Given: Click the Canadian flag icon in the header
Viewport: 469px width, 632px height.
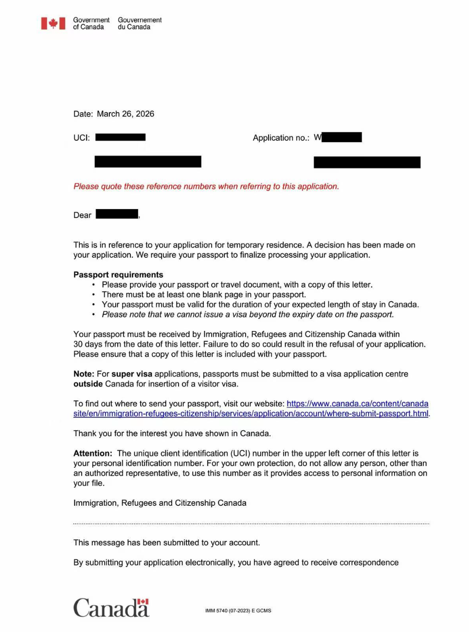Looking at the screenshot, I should (x=53, y=23).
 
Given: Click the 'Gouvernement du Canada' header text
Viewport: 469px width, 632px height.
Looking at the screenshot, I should (x=140, y=23).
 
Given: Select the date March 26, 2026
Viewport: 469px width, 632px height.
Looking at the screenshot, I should (x=125, y=114).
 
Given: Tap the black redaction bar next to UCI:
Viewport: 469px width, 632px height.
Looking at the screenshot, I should (x=120, y=137).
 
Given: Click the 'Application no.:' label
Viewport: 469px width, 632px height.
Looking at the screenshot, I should (x=281, y=138).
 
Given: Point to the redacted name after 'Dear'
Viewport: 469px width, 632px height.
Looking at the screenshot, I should (x=117, y=214).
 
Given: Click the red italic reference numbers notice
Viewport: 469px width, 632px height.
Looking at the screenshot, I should (x=206, y=186).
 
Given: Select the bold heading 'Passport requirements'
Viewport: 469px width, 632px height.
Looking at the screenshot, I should (x=118, y=275).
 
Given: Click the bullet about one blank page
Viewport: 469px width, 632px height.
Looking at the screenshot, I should (x=203, y=295).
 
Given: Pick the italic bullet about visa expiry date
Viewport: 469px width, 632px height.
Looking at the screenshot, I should (x=248, y=315).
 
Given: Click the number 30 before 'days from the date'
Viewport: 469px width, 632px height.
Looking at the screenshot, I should (x=78, y=344).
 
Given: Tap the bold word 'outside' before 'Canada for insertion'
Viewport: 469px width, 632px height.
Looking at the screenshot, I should (x=88, y=384).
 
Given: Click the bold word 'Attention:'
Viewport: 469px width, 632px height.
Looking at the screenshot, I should (x=92, y=453).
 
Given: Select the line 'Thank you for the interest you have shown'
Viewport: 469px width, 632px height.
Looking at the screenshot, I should (x=172, y=433).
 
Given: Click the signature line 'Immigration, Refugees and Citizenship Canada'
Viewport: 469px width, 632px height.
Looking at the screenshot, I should (x=160, y=503).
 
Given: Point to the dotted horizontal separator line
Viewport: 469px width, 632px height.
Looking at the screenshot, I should (x=251, y=524).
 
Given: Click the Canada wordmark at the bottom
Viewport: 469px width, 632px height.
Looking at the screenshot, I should (x=111, y=608).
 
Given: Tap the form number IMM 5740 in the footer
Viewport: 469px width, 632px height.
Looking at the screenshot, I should (x=238, y=611).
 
